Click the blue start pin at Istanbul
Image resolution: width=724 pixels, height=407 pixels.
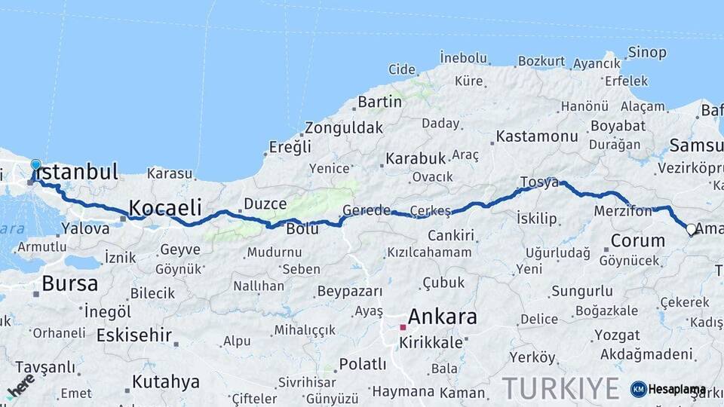[x=35, y=165]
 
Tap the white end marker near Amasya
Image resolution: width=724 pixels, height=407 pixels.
[x=691, y=229]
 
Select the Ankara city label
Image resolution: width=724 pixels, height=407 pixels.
[x=442, y=317]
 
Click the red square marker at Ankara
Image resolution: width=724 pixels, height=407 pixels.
[x=403, y=327]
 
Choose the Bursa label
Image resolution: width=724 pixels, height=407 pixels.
[x=70, y=284]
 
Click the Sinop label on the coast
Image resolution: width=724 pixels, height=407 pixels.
[x=647, y=53]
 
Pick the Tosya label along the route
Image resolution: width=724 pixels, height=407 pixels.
[x=539, y=182]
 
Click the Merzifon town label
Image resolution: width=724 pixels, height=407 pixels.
[x=623, y=211]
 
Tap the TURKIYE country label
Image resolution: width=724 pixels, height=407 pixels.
[x=561, y=388]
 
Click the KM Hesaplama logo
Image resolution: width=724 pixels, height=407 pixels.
[x=668, y=389]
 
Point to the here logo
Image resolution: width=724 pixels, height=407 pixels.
[x=21, y=387]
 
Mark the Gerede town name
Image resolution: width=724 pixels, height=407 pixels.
[x=367, y=210]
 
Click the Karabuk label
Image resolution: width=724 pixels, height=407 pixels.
[x=416, y=159]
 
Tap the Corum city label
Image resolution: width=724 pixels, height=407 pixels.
[x=637, y=241]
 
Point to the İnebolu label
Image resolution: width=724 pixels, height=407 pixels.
[x=462, y=57]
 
